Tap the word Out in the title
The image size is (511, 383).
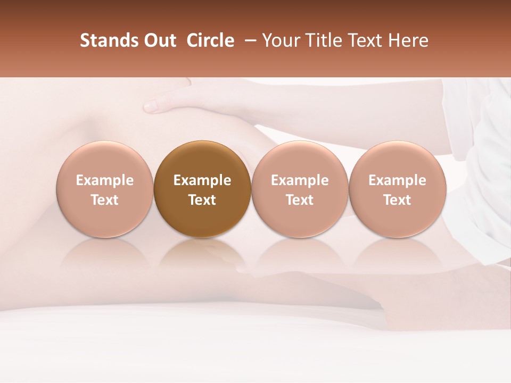[x=160, y=40]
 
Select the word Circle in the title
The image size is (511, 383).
[x=210, y=40]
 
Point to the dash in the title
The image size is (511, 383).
[x=248, y=40]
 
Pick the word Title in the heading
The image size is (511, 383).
[x=317, y=40]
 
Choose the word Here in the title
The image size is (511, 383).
[x=407, y=40]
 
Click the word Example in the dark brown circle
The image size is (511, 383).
[x=202, y=180]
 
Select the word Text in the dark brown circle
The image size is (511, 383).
[x=202, y=200]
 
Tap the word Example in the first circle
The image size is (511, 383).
[x=105, y=180]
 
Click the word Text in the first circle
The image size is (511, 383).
[x=105, y=200]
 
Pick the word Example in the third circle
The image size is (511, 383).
[x=300, y=180]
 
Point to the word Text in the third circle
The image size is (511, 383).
[x=300, y=200]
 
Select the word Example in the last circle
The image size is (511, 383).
[x=397, y=180]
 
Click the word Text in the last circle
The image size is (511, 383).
[x=397, y=200]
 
